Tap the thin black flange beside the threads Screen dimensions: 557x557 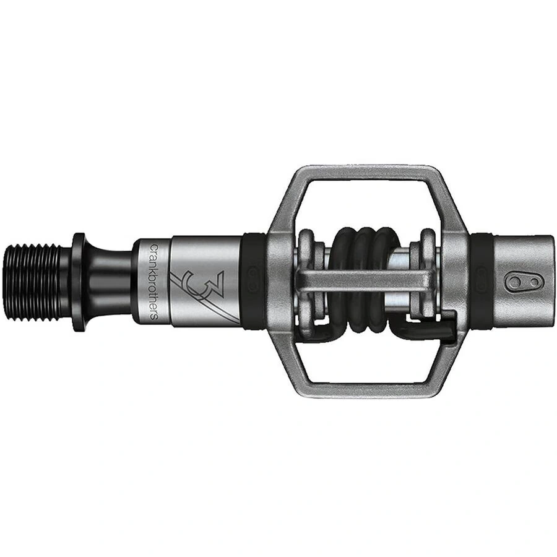click(x=78, y=281)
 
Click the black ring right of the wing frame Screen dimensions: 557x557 click(x=481, y=282)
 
